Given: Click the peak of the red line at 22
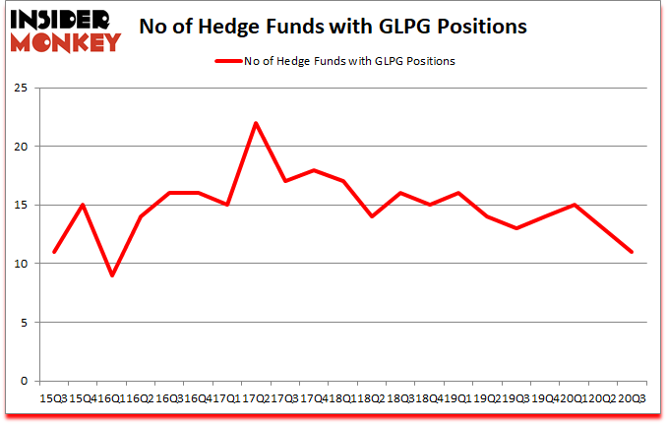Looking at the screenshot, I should pos(256,123).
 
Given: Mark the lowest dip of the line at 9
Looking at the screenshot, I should pos(112,275).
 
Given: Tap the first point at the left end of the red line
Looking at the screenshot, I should pos(54,252).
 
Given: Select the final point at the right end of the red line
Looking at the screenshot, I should pos(631,252).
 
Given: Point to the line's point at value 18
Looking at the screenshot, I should pos(314,170).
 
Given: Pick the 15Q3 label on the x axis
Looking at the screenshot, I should pos(53,398).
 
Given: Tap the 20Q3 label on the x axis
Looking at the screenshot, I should pos(631,398).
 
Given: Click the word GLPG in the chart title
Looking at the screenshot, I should pos(410,27).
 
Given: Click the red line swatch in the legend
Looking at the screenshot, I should pos(230,60).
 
